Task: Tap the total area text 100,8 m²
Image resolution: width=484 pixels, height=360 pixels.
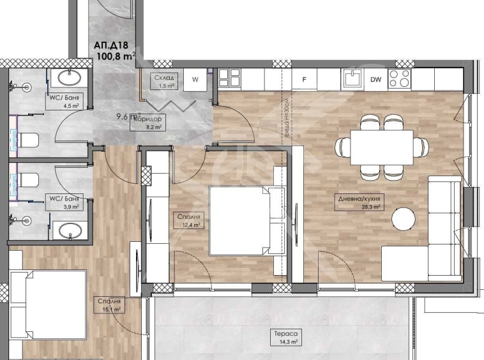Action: (x=116, y=56)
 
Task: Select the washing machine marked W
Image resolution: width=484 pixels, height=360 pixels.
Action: (x=195, y=80)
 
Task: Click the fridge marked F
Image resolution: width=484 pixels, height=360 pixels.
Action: (x=305, y=80)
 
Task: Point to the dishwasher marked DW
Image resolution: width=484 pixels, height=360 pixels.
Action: (x=376, y=80)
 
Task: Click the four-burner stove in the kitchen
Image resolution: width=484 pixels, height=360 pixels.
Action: (x=400, y=79)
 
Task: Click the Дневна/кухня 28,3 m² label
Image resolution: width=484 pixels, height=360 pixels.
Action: (x=360, y=203)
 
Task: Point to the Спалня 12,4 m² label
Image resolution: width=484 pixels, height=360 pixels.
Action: (x=190, y=220)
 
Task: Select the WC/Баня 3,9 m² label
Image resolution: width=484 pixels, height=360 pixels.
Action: (x=65, y=202)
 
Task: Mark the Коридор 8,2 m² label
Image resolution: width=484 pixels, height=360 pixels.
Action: (x=147, y=123)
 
